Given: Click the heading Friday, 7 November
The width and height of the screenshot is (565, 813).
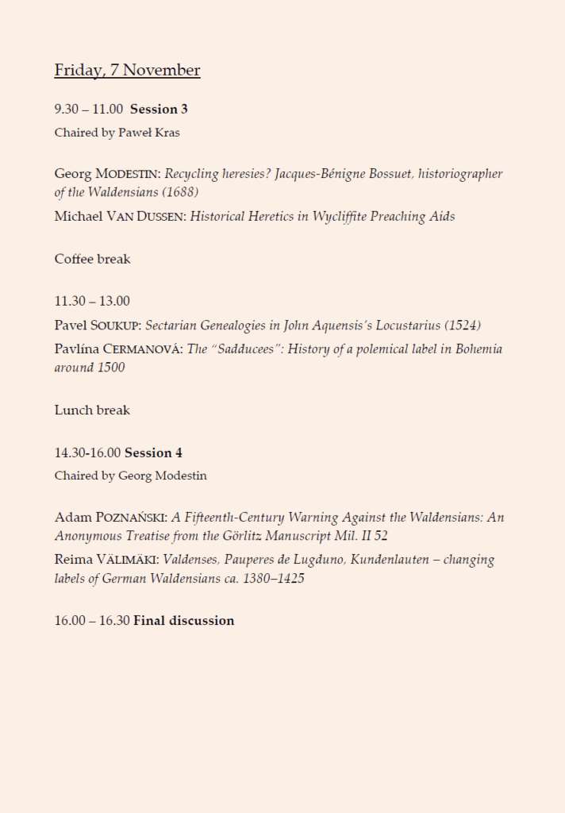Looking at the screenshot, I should pos(127,71).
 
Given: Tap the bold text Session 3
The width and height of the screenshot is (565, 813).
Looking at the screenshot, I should pos(159,109).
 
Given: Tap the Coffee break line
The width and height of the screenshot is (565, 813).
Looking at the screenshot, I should pos(92,259).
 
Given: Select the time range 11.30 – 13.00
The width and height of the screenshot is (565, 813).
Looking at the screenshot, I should pos(92,301).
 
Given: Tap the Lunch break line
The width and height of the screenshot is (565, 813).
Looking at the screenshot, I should pos(92,410).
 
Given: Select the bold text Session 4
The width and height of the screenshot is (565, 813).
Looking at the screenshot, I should pos(153,453).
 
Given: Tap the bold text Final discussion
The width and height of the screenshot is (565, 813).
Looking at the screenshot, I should pos(183,621).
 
